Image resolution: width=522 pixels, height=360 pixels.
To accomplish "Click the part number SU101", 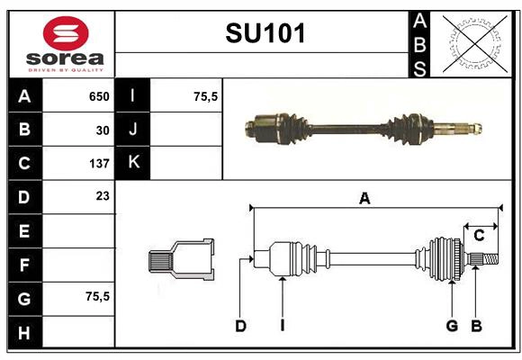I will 265,33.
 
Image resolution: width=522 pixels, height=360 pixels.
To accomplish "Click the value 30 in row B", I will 103,130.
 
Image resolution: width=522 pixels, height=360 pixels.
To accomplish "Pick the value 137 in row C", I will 99,164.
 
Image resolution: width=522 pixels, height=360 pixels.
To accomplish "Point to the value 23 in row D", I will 103,195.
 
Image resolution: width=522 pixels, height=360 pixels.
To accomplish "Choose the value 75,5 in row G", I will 95,296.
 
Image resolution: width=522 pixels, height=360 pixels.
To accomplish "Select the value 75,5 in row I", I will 206,96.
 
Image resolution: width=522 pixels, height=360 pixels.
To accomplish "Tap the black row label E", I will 24,230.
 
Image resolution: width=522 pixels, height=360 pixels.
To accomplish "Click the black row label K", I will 133,163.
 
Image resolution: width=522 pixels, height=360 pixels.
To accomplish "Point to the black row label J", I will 133,130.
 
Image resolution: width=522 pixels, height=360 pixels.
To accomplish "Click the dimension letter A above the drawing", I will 364,199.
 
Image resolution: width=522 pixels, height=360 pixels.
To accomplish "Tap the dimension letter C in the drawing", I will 479,236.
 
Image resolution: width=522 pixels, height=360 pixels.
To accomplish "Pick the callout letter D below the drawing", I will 240,326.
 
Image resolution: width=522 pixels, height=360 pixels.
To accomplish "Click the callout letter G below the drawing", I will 452,326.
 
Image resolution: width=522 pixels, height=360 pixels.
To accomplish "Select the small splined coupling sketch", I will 181,260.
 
